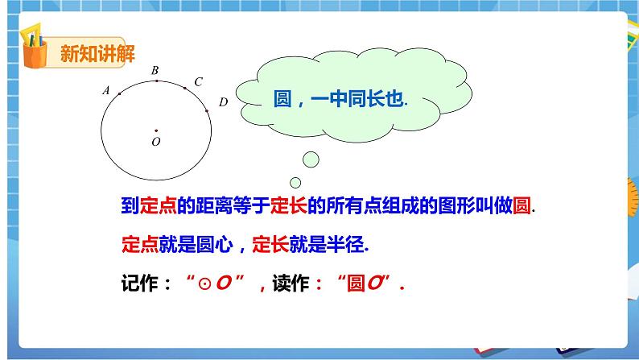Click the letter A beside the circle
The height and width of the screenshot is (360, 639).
tap(106, 91)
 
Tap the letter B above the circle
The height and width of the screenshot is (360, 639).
tap(155, 69)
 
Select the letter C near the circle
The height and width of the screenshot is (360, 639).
tap(198, 81)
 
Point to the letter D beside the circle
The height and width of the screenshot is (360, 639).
tap(223, 101)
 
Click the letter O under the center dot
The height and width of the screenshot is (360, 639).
tap(156, 142)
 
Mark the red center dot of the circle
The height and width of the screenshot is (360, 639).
tap(156, 130)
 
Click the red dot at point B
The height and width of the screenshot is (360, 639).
tap(156, 80)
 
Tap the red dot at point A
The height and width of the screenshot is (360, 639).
tap(119, 94)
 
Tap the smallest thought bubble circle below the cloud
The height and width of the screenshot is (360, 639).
tap(295, 183)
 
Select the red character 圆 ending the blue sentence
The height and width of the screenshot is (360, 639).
tap(522, 206)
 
